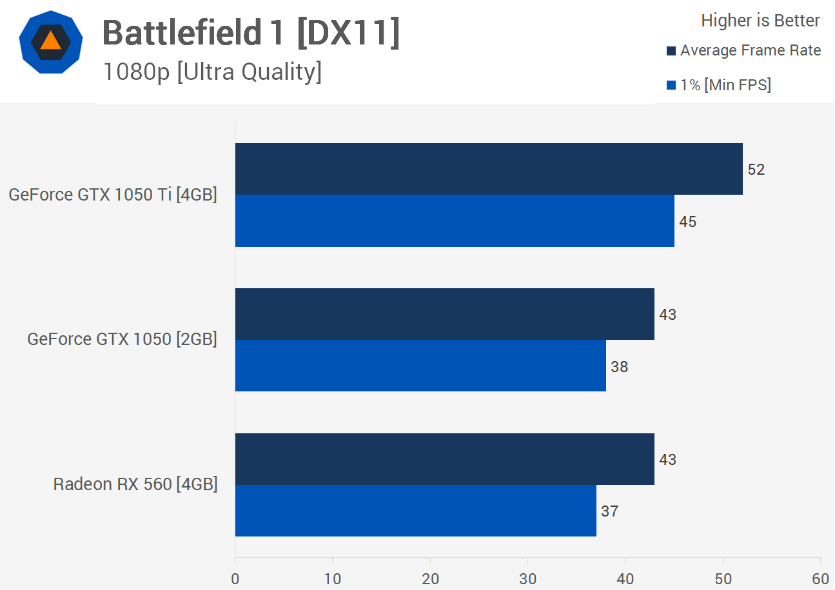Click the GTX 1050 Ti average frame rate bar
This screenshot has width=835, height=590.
click(489, 169)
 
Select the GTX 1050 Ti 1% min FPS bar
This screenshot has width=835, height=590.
click(455, 221)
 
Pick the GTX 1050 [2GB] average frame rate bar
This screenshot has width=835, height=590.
click(445, 314)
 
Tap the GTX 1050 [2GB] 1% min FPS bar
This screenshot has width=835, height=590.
click(420, 366)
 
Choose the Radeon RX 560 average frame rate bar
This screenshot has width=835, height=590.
click(445, 459)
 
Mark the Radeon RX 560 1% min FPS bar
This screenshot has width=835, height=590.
click(416, 511)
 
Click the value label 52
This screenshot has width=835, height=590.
click(756, 170)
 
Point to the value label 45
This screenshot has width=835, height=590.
click(688, 222)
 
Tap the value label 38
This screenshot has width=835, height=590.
click(619, 367)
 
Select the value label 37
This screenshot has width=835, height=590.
click(609, 511)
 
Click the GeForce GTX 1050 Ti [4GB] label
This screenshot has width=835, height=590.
click(113, 195)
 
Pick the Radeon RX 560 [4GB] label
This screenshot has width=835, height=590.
click(135, 484)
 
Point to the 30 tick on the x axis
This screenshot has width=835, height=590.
click(527, 579)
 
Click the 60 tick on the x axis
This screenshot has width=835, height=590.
click(820, 579)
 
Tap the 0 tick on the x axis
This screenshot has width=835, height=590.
click(235, 579)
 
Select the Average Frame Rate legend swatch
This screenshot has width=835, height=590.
click(671, 51)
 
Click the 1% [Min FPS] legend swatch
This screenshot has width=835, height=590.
click(671, 85)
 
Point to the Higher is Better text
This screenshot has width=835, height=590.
click(760, 21)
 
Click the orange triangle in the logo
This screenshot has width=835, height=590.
click(50, 41)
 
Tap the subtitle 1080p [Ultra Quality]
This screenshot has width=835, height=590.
click(212, 72)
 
